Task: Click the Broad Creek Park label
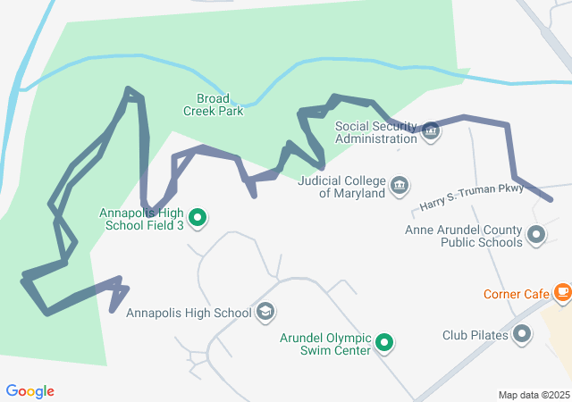tap(214, 105)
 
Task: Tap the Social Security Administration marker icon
tap(431, 131)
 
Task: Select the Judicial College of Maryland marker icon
tap(400, 186)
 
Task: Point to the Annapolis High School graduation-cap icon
tap(265, 312)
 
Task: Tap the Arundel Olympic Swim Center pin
tap(384, 341)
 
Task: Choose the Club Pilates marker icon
tap(522, 335)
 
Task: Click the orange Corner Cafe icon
tap(562, 291)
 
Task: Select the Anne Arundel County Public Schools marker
tap(536, 235)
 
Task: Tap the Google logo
tap(29, 391)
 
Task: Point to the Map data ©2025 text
tap(534, 395)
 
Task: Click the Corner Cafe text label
tap(516, 293)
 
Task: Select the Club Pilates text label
tap(475, 336)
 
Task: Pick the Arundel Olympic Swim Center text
tap(324, 344)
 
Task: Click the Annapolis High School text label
tap(189, 313)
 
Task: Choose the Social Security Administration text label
tap(375, 132)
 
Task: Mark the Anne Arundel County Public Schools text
tap(463, 236)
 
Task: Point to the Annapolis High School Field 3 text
tap(143, 219)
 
